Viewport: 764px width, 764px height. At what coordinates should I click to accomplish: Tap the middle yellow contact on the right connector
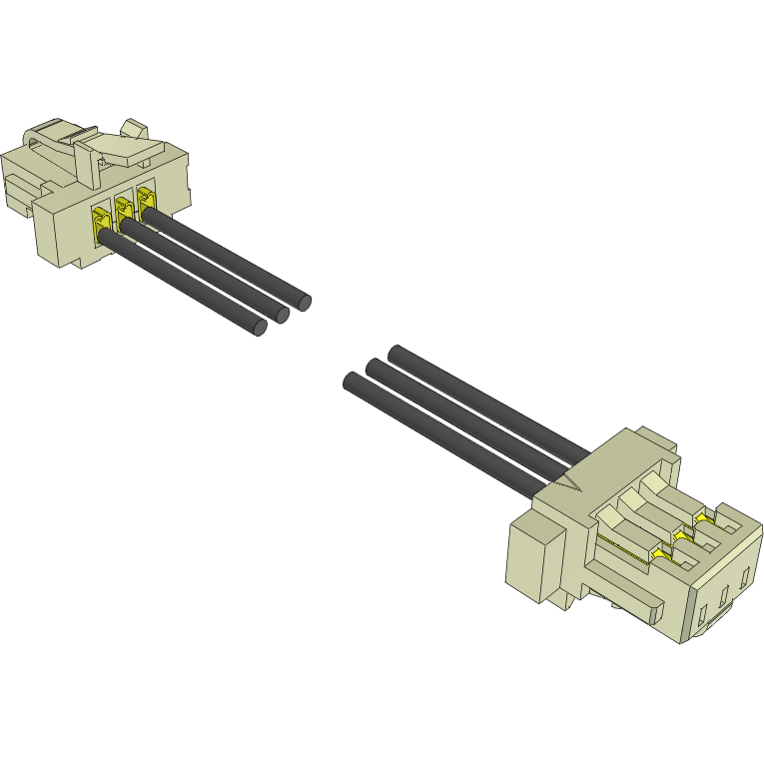682,536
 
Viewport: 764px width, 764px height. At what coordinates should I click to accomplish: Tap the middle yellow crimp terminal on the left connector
124,212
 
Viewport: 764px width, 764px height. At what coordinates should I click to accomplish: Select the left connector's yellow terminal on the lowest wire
101,224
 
